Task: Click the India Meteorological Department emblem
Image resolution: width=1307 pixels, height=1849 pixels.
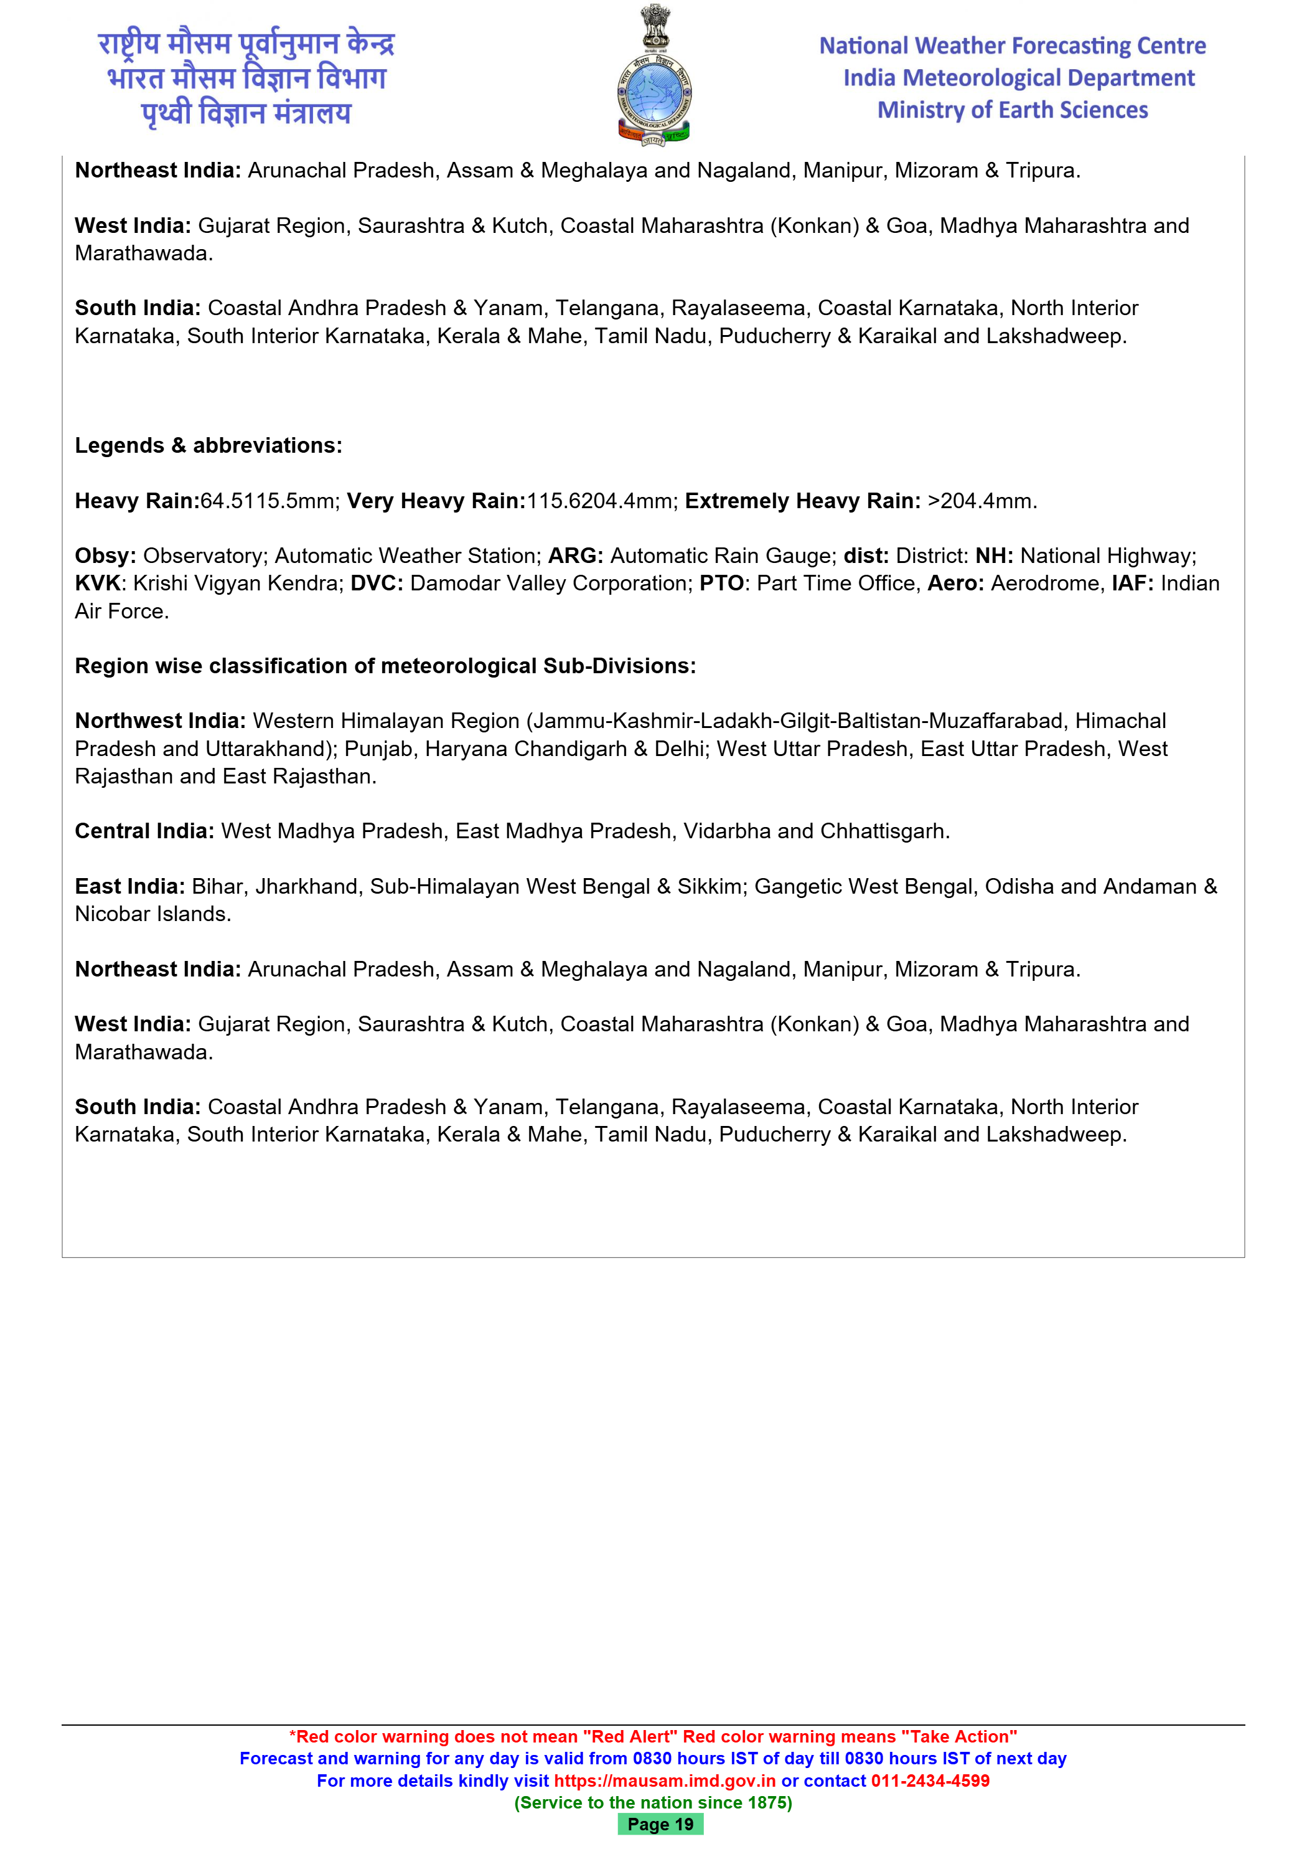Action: coord(653,77)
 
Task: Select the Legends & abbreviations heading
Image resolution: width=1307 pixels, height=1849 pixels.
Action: coord(208,445)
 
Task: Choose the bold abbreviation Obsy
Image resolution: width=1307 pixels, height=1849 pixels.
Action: coord(105,556)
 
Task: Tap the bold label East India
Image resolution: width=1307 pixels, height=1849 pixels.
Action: coord(129,887)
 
